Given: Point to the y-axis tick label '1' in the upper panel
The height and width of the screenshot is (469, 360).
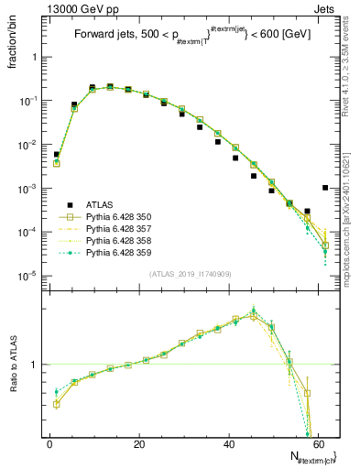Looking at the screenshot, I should (35, 57).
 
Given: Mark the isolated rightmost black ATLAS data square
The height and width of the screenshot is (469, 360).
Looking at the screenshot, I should (325, 188).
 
